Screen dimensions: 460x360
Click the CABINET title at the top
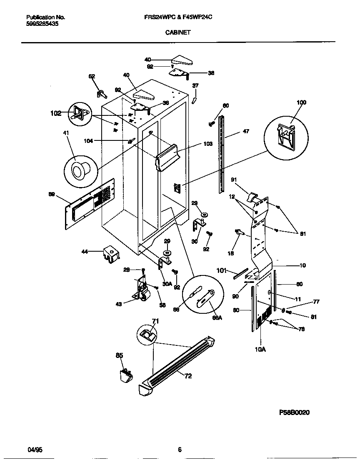pyautogui.click(x=180, y=32)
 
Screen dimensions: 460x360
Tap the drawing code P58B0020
pyautogui.click(x=294, y=412)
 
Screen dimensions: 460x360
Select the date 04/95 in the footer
pyautogui.click(x=35, y=450)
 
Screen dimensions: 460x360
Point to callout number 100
pyautogui.click(x=301, y=102)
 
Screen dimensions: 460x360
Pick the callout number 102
pyautogui.click(x=55, y=112)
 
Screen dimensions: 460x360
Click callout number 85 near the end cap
pyautogui.click(x=119, y=355)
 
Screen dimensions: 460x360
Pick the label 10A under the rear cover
pyautogui.click(x=260, y=350)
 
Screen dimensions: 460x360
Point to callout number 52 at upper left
pyautogui.click(x=92, y=76)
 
